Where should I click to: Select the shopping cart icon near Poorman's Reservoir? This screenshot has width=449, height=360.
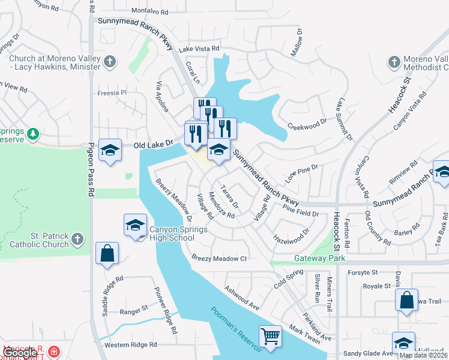pyautogui.click(x=271, y=337)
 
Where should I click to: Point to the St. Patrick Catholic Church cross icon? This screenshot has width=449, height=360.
pyautogui.click(x=77, y=240)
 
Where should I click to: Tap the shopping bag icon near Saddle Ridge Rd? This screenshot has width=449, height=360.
pyautogui.click(x=107, y=254)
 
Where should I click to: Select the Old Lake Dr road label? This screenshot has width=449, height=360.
pyautogui.click(x=153, y=145)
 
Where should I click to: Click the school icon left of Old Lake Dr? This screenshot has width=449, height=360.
pyautogui.click(x=110, y=151)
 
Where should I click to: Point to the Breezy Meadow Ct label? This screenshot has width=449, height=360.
pyautogui.click(x=219, y=259)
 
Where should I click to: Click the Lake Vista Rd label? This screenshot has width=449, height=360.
pyautogui.click(x=199, y=49)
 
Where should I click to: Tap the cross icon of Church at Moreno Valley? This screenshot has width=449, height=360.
pyautogui.click(x=110, y=61)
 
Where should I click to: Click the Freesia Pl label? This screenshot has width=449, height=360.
pyautogui.click(x=112, y=93)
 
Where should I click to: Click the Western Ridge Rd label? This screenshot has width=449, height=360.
pyautogui.click(x=130, y=345)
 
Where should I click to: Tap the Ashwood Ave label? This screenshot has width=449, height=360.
pyautogui.click(x=242, y=297)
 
